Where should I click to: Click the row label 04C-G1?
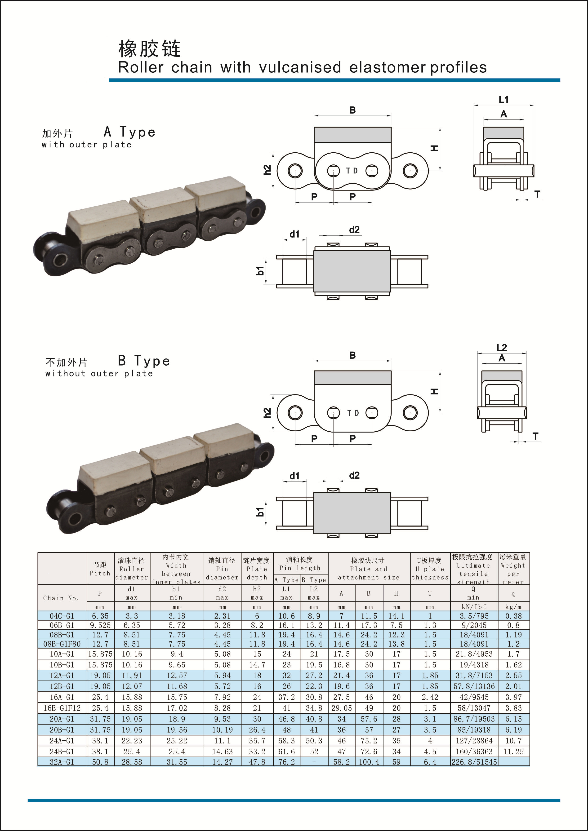click(x=62, y=616)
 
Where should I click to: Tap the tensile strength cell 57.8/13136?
click(x=474, y=686)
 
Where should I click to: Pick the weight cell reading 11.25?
click(x=513, y=751)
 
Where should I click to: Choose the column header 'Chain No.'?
click(x=61, y=598)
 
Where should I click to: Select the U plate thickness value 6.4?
click(x=430, y=762)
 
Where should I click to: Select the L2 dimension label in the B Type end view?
click(x=502, y=347)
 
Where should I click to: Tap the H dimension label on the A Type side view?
click(x=434, y=148)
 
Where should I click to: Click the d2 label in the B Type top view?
click(x=354, y=475)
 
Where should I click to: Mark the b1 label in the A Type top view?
click(x=260, y=270)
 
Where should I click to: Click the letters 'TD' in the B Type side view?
click(x=353, y=413)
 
